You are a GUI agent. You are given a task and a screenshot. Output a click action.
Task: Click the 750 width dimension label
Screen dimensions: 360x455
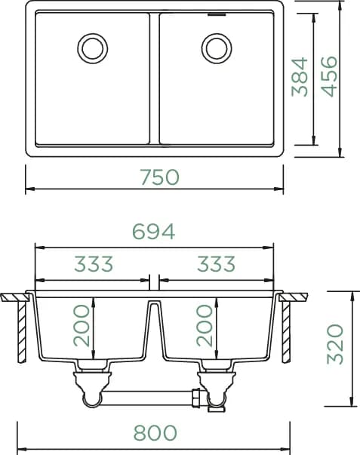tap(160, 177)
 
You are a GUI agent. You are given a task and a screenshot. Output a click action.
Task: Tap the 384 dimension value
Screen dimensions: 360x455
tap(300, 77)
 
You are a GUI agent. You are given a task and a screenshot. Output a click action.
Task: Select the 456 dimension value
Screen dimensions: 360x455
tap(330, 76)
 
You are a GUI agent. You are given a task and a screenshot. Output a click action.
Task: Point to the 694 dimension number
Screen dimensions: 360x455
tap(153, 231)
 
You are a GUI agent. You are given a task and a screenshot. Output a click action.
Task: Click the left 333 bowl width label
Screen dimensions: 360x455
tap(94, 264)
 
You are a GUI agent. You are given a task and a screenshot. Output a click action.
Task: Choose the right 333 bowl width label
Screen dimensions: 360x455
tap(217, 264)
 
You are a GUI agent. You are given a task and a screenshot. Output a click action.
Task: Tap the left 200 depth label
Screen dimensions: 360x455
tap(82, 325)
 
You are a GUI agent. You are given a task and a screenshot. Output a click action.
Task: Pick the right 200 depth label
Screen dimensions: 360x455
tap(205, 325)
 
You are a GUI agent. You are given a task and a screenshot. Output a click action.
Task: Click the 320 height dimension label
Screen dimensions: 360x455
tap(335, 344)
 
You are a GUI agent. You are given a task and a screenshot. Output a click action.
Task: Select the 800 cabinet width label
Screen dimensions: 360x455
tap(155, 432)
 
